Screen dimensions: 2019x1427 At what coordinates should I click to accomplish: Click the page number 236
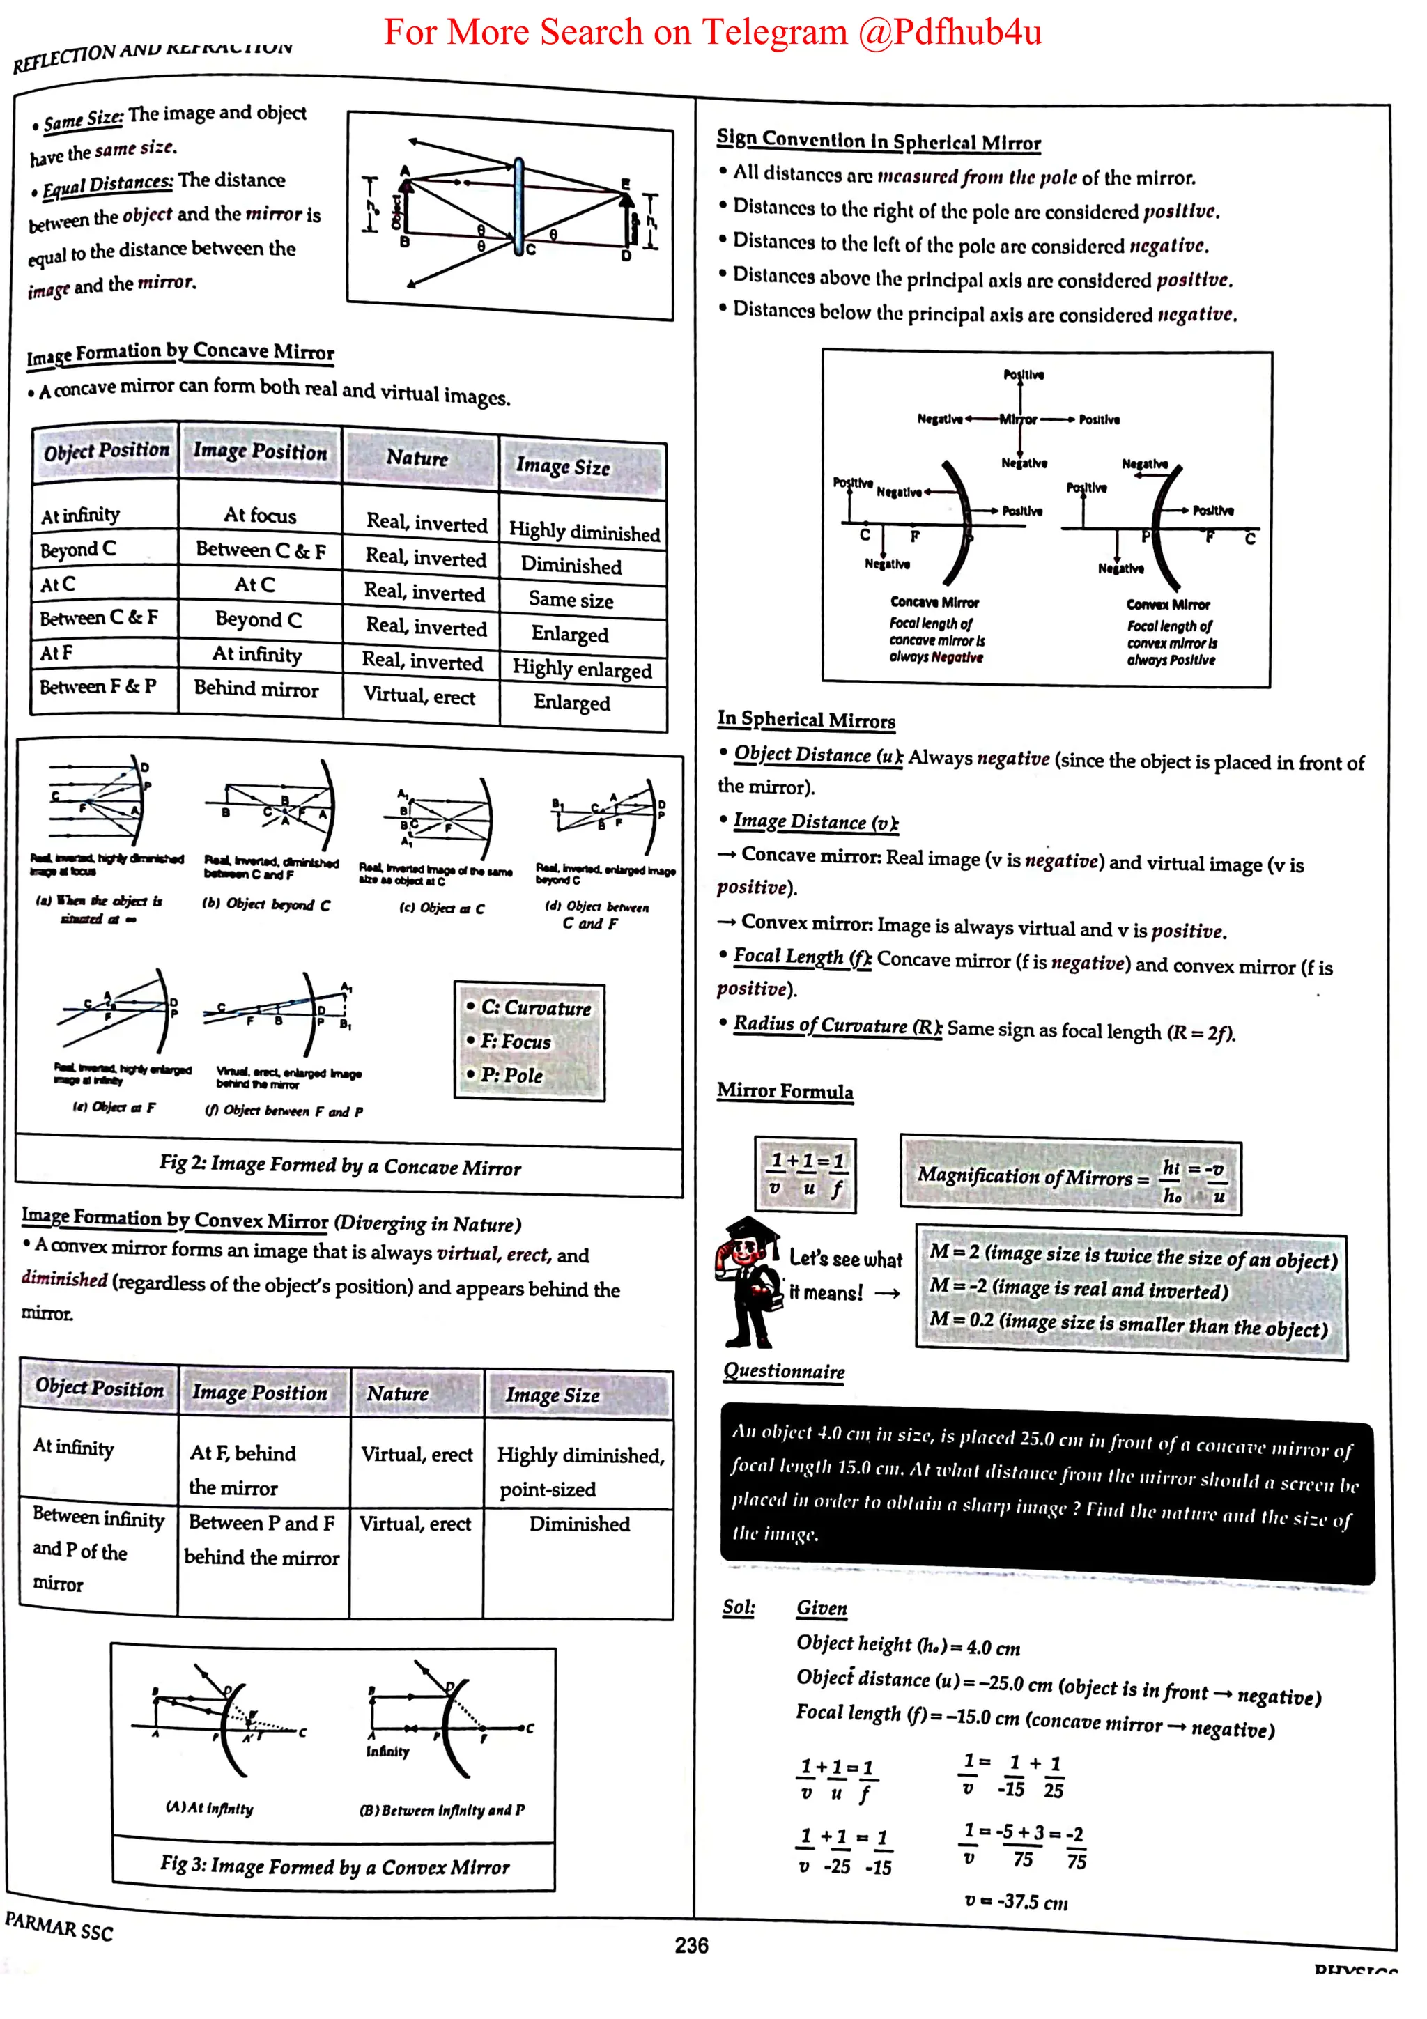(x=691, y=1945)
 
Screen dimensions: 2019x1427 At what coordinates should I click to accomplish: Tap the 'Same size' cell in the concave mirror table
(x=571, y=600)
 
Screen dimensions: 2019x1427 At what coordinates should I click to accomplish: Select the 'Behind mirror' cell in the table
(x=256, y=688)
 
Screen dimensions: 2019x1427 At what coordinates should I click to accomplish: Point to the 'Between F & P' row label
(x=98, y=686)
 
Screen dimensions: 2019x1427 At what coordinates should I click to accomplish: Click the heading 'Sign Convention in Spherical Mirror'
(x=879, y=141)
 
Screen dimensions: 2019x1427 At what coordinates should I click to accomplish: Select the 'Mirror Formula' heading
(x=785, y=1091)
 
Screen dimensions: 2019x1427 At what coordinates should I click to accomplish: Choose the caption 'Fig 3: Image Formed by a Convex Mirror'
(x=334, y=1866)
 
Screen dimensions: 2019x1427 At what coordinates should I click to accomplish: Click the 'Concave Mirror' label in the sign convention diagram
(x=934, y=603)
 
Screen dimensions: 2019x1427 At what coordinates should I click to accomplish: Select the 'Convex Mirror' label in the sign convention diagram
(x=1168, y=605)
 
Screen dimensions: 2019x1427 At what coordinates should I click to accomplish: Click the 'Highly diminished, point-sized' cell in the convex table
(x=580, y=1471)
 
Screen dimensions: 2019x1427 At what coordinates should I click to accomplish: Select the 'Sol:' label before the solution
(x=739, y=1607)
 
